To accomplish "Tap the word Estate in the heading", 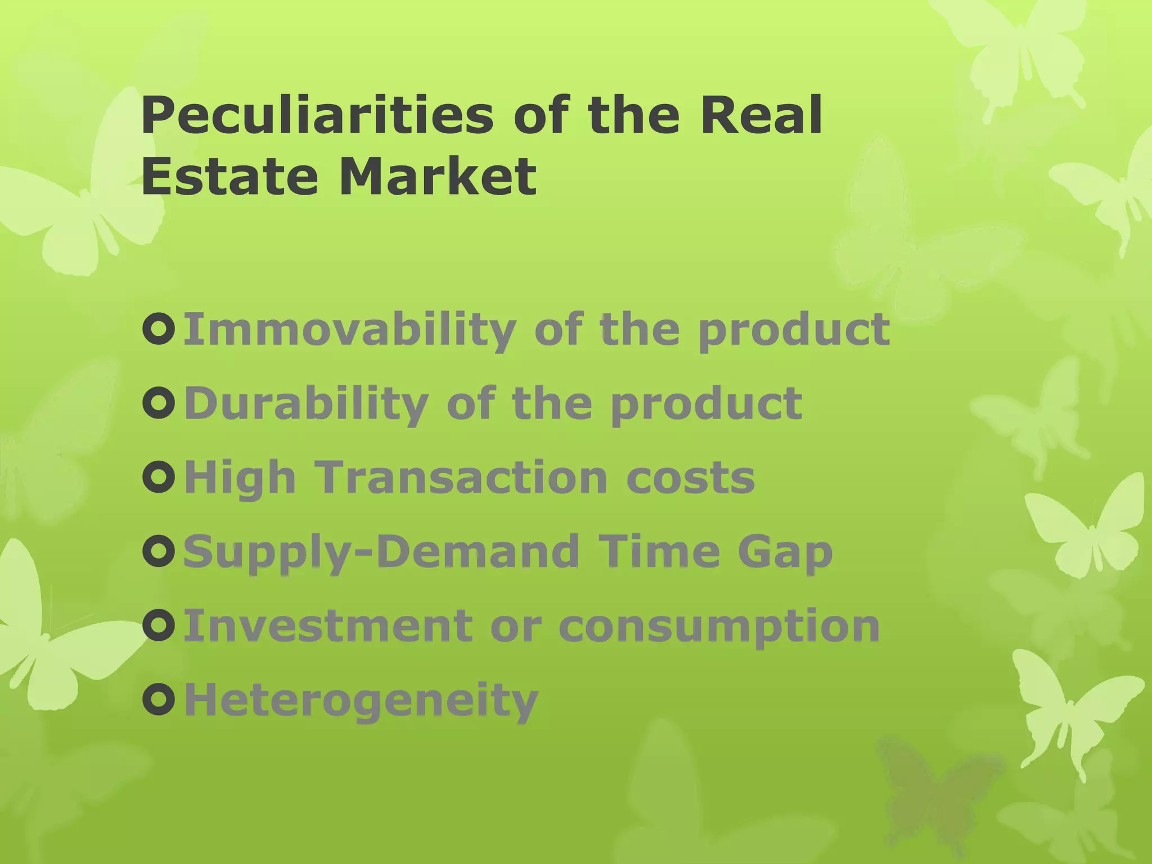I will coord(229,176).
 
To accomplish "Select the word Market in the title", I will coord(438,176).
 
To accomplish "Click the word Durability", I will coord(306,404).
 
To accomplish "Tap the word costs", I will coord(690,478).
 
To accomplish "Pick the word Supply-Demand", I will coord(381,552).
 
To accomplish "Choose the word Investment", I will coord(328,626).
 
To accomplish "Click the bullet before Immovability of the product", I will coord(159,330).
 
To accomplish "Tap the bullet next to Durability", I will coord(159,403).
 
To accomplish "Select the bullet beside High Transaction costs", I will coord(159,478).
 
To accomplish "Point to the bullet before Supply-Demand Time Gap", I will coord(159,552).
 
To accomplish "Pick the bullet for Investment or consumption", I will coord(159,626).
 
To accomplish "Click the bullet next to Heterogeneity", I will coord(159,700).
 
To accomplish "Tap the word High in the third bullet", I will coord(240,478).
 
